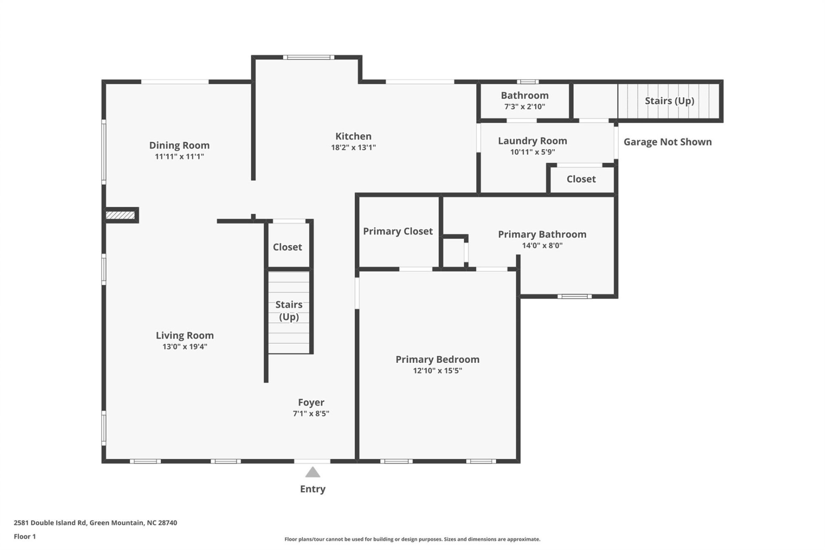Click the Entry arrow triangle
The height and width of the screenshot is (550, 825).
pos(312,472)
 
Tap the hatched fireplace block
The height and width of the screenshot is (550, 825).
pos(120,215)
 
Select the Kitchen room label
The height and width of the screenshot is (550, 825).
pos(353,136)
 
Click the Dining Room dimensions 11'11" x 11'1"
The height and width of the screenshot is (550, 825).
pos(179,156)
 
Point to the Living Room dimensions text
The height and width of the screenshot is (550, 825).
pos(185,346)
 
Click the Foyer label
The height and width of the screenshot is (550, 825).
pos(311,402)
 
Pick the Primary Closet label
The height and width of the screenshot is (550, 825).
pos(397,231)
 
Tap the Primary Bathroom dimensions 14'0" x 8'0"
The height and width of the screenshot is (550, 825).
pos(542,245)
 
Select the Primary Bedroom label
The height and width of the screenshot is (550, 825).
pos(437,359)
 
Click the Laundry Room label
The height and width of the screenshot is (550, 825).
pos(532,141)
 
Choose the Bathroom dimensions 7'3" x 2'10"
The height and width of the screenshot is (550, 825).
pos(525,107)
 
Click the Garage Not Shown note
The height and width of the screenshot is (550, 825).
pos(667,142)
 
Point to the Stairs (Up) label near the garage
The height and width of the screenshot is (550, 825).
pos(669,101)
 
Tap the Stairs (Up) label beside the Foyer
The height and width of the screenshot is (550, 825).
pos(289,310)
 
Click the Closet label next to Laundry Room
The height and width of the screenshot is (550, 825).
pos(581,179)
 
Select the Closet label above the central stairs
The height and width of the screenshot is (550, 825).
pos(287,247)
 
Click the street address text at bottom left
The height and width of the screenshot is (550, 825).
pos(95,522)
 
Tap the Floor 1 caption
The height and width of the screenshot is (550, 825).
pos(25,536)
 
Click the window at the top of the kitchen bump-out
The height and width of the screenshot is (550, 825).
pos(309,57)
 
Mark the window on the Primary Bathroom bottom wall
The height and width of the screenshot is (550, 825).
pos(574,296)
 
